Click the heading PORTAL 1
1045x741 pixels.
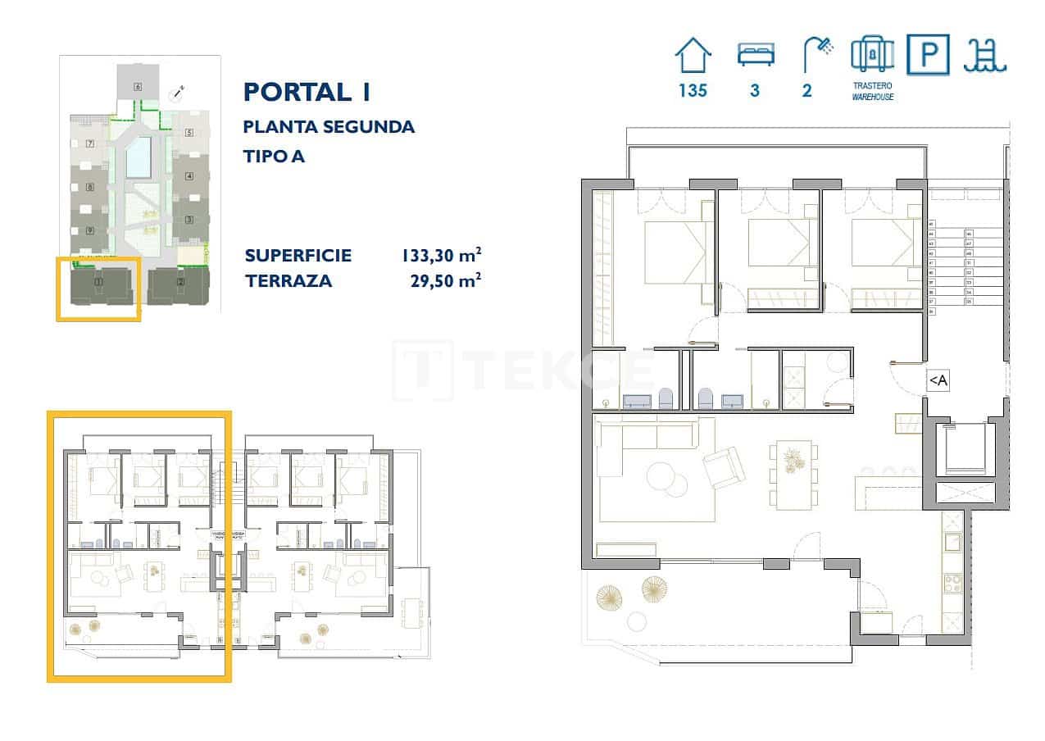[307, 92]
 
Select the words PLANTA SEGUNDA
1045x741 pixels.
[329, 127]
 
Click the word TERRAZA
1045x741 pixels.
[288, 281]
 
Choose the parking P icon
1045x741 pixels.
[928, 55]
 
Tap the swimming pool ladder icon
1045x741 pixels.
[986, 55]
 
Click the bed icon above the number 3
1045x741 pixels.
[754, 55]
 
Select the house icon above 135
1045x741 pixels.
[693, 55]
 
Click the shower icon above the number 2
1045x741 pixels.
[816, 53]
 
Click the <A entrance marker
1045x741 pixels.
[938, 380]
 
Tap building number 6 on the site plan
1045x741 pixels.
[138, 86]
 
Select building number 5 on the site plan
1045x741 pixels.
[188, 133]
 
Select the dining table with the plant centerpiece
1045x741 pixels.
[793, 474]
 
